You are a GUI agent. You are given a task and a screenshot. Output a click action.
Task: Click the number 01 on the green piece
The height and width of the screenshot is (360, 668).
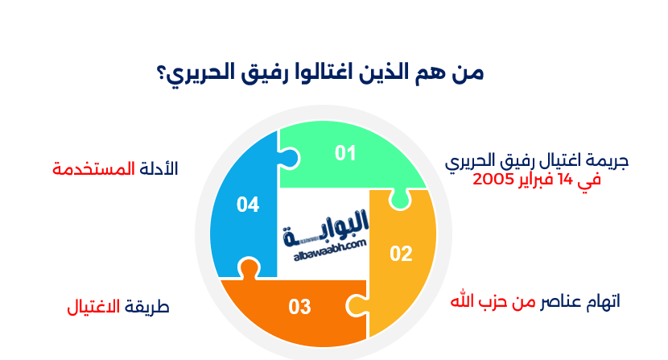[345, 153]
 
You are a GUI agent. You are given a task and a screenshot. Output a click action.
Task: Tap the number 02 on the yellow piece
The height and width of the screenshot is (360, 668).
[401, 254]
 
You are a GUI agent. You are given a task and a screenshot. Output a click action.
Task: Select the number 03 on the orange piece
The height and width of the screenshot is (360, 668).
[299, 307]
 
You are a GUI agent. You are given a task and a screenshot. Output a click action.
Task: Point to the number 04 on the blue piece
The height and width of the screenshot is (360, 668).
[248, 205]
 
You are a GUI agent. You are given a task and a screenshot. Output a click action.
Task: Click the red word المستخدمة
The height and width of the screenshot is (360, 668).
[86, 168]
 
